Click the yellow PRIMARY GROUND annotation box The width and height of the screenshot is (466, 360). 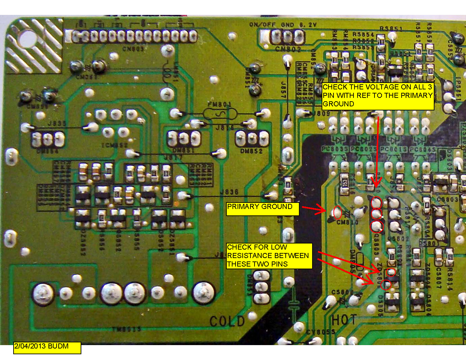pyautogui.click(x=263, y=209)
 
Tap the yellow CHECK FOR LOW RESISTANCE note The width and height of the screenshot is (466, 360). pyautogui.click(x=269, y=256)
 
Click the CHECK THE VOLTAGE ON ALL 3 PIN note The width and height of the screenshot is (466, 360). pyautogui.click(x=378, y=96)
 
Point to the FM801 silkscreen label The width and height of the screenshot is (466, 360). pyautogui.click(x=219, y=104)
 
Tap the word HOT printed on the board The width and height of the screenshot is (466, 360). pyautogui.click(x=344, y=320)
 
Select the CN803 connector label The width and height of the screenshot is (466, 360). pyautogui.click(x=133, y=49)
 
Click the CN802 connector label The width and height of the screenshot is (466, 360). pyautogui.click(x=288, y=49)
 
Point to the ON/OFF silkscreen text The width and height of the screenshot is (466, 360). pyautogui.click(x=262, y=25)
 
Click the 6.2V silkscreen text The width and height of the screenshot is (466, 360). pyautogui.click(x=308, y=25)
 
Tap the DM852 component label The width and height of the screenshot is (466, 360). pyautogui.click(x=251, y=151)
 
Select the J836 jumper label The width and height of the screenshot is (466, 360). pyautogui.click(x=229, y=192)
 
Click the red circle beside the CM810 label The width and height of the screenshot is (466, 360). pyautogui.click(x=338, y=213)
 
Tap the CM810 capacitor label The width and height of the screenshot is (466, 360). pyautogui.click(x=347, y=223)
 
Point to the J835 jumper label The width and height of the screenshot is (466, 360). pyautogui.click(x=57, y=123)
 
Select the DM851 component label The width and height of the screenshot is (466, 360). pyautogui.click(x=183, y=150)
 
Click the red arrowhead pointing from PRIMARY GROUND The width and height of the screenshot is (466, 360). pyautogui.click(x=322, y=210)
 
